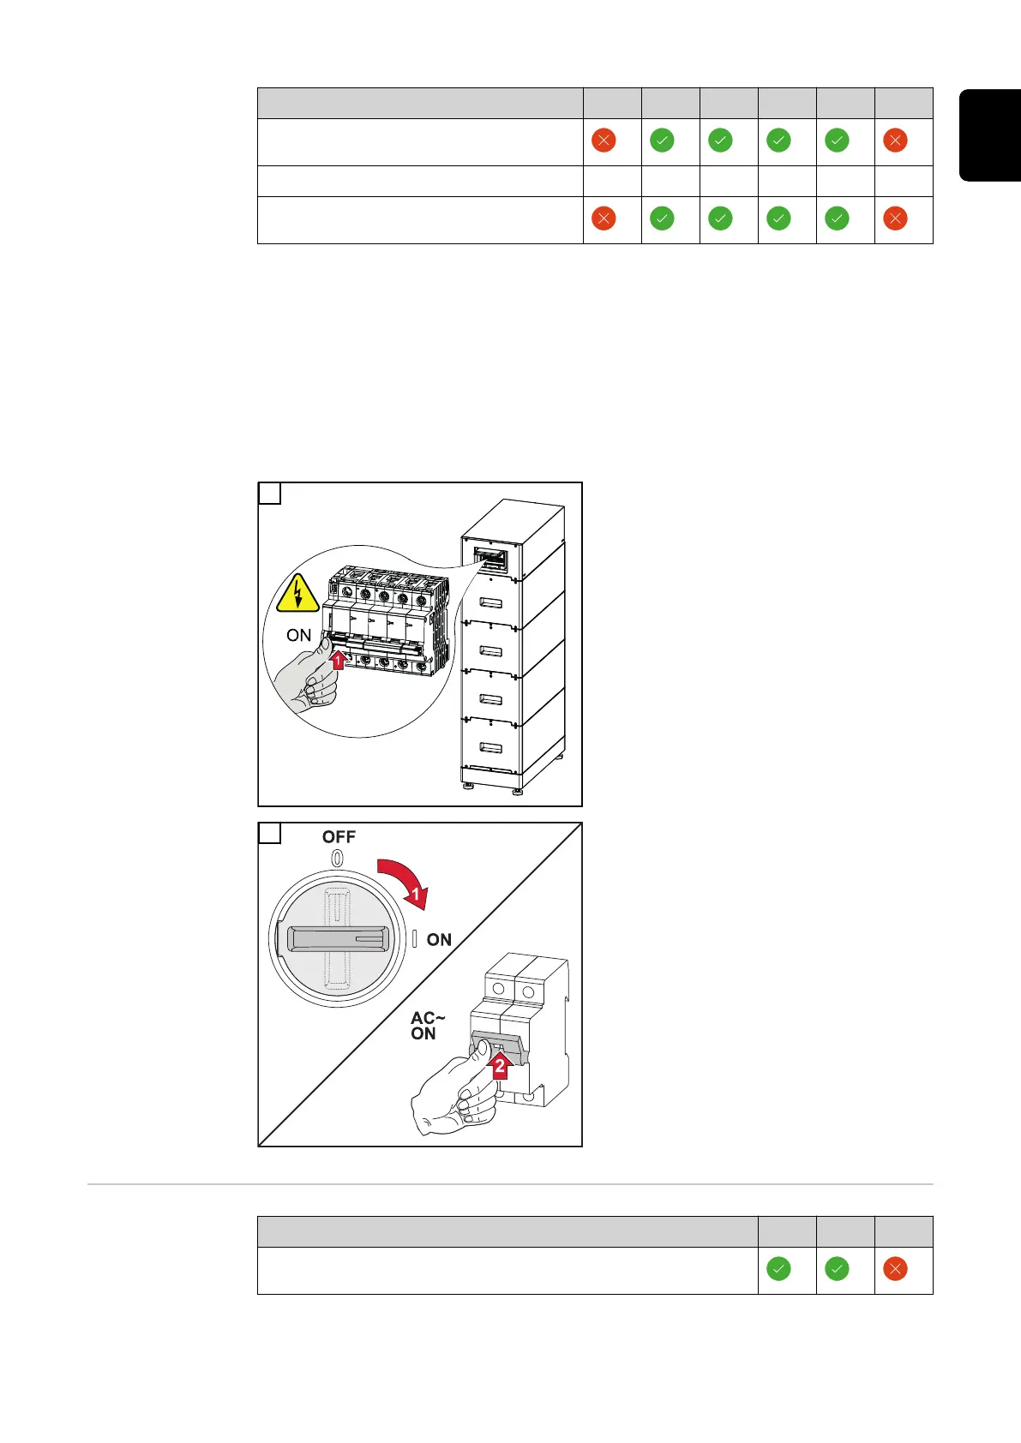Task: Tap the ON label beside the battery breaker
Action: (x=298, y=635)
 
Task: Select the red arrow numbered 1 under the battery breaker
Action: (x=338, y=660)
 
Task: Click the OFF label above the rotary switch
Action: (x=339, y=837)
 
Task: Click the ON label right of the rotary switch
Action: (x=439, y=940)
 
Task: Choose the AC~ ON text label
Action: (x=427, y=1026)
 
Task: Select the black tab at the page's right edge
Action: (x=990, y=135)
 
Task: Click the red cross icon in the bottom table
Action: (x=895, y=1269)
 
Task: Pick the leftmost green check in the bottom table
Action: (x=778, y=1269)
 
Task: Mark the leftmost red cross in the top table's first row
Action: (x=604, y=141)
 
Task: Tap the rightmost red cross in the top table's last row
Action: (x=895, y=219)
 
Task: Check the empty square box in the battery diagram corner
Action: (x=270, y=494)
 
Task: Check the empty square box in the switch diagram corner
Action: (x=270, y=833)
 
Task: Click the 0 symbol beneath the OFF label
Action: (x=338, y=858)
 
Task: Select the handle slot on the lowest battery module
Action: (x=490, y=748)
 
